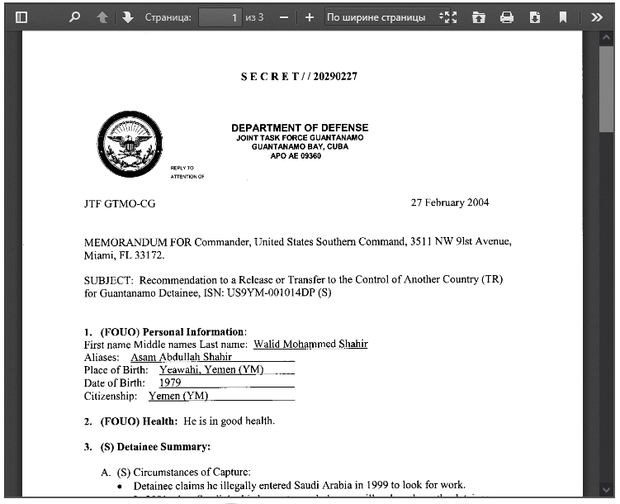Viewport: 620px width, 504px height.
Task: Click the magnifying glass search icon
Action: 75,17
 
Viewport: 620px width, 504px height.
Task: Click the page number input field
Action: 220,17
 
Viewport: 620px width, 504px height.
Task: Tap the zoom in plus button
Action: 310,17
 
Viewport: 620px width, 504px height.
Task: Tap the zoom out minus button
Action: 284,17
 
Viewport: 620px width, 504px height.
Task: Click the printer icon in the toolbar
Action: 507,17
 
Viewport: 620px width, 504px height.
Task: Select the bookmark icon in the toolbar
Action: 563,17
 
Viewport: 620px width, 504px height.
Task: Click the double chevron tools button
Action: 597,17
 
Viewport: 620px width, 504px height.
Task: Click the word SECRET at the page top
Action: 270,77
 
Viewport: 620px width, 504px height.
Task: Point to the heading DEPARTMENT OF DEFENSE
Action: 300,128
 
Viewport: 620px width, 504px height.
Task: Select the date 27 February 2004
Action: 450,203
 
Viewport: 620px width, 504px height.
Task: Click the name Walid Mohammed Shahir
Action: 310,344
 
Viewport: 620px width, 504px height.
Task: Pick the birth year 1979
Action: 170,383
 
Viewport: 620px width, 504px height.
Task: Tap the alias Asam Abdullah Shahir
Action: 182,357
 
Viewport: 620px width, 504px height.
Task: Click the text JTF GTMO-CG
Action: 120,203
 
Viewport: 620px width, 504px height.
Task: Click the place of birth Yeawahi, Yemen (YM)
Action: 211,370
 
